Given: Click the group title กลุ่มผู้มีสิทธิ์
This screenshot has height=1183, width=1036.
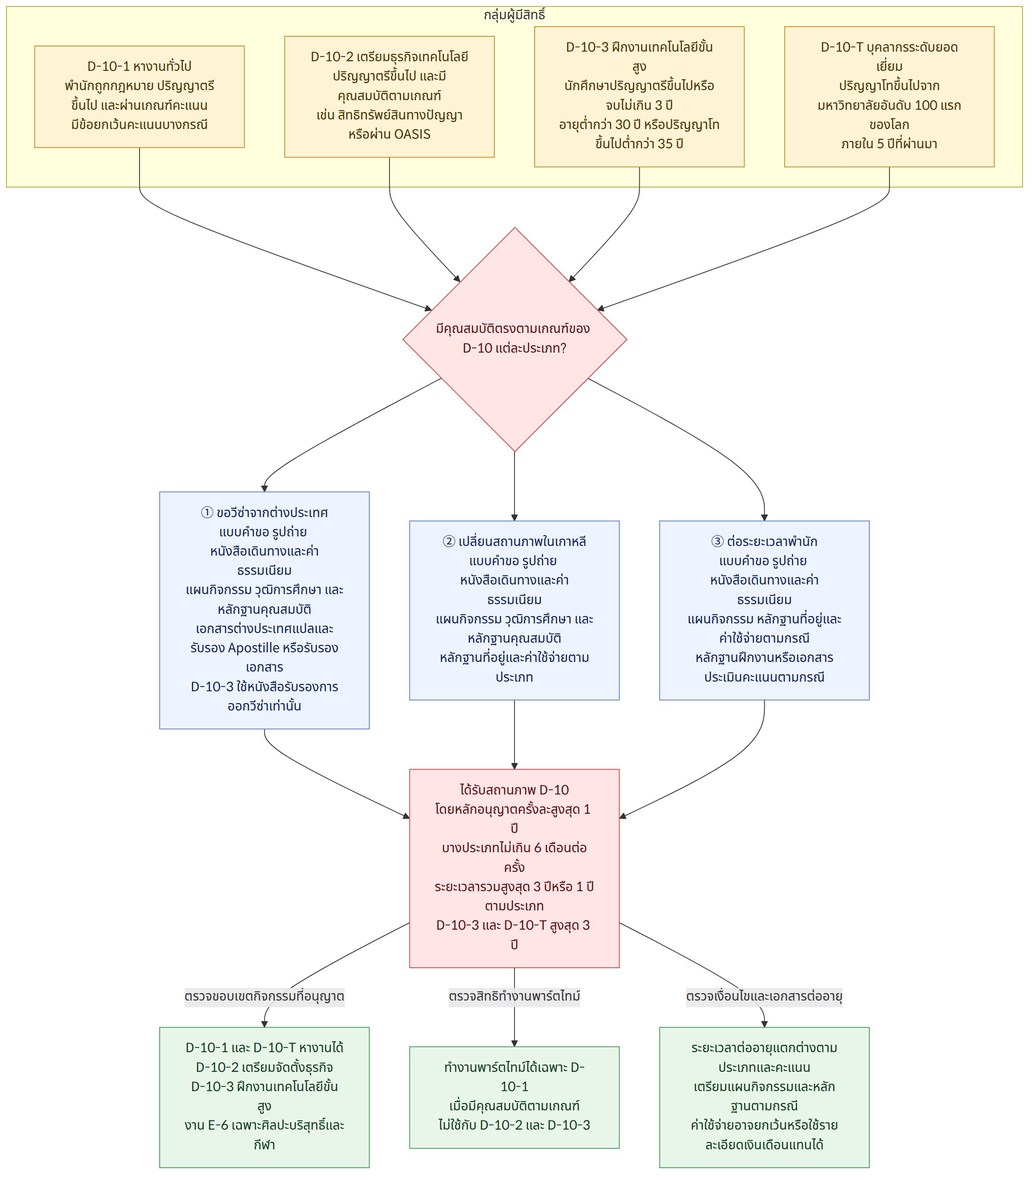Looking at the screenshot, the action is click(514, 15).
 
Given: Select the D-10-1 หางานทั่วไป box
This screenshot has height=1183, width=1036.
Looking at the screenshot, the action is click(139, 97).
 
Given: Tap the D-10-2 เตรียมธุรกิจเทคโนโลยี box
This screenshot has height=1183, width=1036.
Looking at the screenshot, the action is click(389, 97).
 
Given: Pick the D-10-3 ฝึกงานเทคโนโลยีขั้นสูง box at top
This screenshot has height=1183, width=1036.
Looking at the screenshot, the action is click(639, 97).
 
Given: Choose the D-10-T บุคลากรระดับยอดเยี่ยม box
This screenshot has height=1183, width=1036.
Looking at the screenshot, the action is click(889, 97).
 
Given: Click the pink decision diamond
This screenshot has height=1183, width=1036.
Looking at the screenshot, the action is click(514, 339).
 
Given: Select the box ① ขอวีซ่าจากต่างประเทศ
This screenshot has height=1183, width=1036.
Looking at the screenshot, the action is click(264, 610).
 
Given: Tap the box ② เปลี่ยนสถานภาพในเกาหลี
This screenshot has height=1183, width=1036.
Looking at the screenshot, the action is click(514, 610).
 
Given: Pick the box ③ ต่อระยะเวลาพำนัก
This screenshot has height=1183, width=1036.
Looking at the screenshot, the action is click(764, 610).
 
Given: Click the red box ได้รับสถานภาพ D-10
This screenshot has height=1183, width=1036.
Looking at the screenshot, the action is click(514, 868).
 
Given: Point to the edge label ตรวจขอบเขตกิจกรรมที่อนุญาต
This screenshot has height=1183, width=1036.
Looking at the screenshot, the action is click(264, 996).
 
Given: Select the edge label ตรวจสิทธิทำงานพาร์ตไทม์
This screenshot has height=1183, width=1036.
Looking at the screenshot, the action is click(514, 996).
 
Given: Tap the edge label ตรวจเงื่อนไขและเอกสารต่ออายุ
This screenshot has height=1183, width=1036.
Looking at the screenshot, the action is click(764, 996).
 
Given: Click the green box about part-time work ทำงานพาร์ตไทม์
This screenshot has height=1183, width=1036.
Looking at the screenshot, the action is click(514, 1097).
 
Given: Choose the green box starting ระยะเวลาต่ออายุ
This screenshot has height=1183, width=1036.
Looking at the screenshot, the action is click(764, 1097).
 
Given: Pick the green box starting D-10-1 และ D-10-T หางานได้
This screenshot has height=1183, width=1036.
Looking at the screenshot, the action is click(264, 1097).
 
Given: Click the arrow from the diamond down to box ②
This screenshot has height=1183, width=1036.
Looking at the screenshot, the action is click(514, 486).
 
